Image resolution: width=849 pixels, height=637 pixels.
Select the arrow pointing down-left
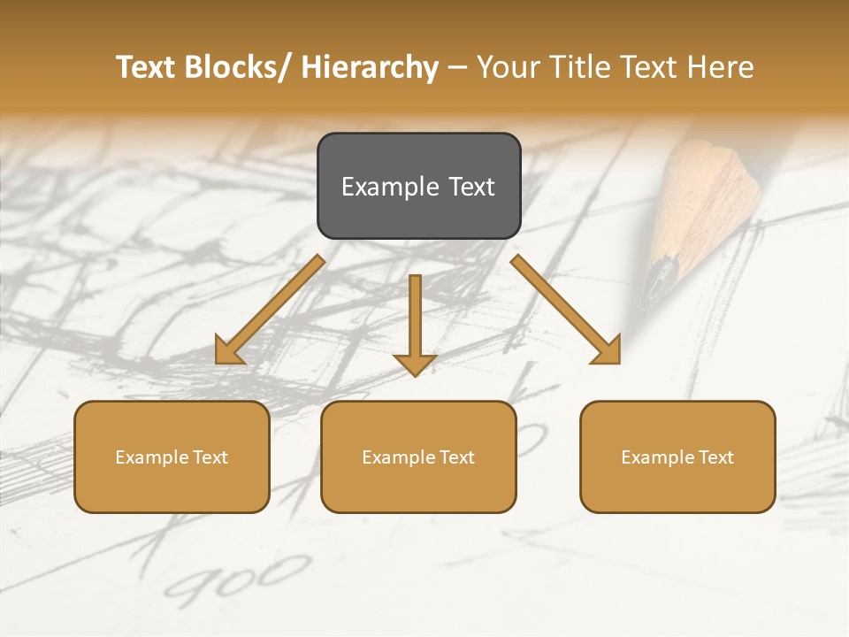[x=270, y=310]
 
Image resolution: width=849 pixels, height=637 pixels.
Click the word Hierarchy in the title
[x=369, y=67]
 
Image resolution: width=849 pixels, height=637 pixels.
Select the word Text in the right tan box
[x=715, y=457]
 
